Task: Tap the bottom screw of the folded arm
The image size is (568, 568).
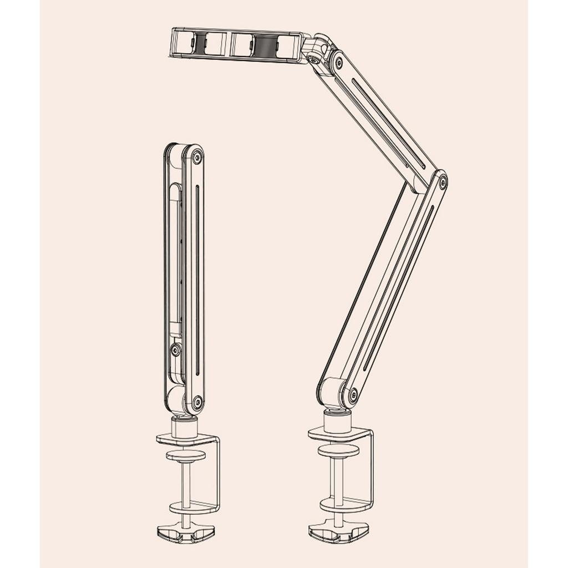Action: pyautogui.click(x=196, y=400)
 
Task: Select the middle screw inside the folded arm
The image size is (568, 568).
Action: pyautogui.click(x=176, y=350)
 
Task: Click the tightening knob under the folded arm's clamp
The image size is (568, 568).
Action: pyautogui.click(x=185, y=532)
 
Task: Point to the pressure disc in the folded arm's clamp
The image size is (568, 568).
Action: pyautogui.click(x=185, y=455)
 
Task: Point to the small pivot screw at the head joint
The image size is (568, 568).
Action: pyautogui.click(x=315, y=59)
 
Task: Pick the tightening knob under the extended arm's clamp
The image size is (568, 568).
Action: pyautogui.click(x=338, y=532)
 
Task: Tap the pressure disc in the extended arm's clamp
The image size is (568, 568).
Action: pyautogui.click(x=338, y=450)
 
